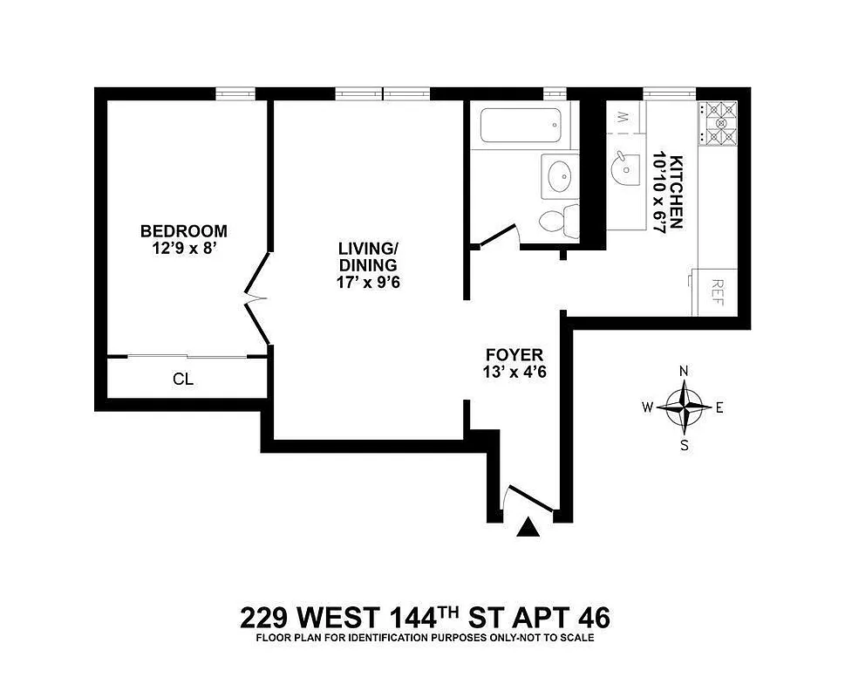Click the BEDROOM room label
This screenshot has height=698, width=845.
click(184, 231)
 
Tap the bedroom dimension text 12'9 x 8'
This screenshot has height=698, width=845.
click(184, 248)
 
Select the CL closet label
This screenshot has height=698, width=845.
click(182, 380)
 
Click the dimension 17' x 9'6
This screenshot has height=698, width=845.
click(368, 283)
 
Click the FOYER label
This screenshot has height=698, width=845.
click(514, 355)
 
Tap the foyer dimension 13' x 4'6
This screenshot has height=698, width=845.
click(514, 373)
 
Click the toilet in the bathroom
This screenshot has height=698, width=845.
click(560, 222)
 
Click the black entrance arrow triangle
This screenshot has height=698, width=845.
click(528, 527)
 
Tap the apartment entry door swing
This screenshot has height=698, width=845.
click(527, 499)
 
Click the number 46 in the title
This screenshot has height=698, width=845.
click(592, 618)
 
